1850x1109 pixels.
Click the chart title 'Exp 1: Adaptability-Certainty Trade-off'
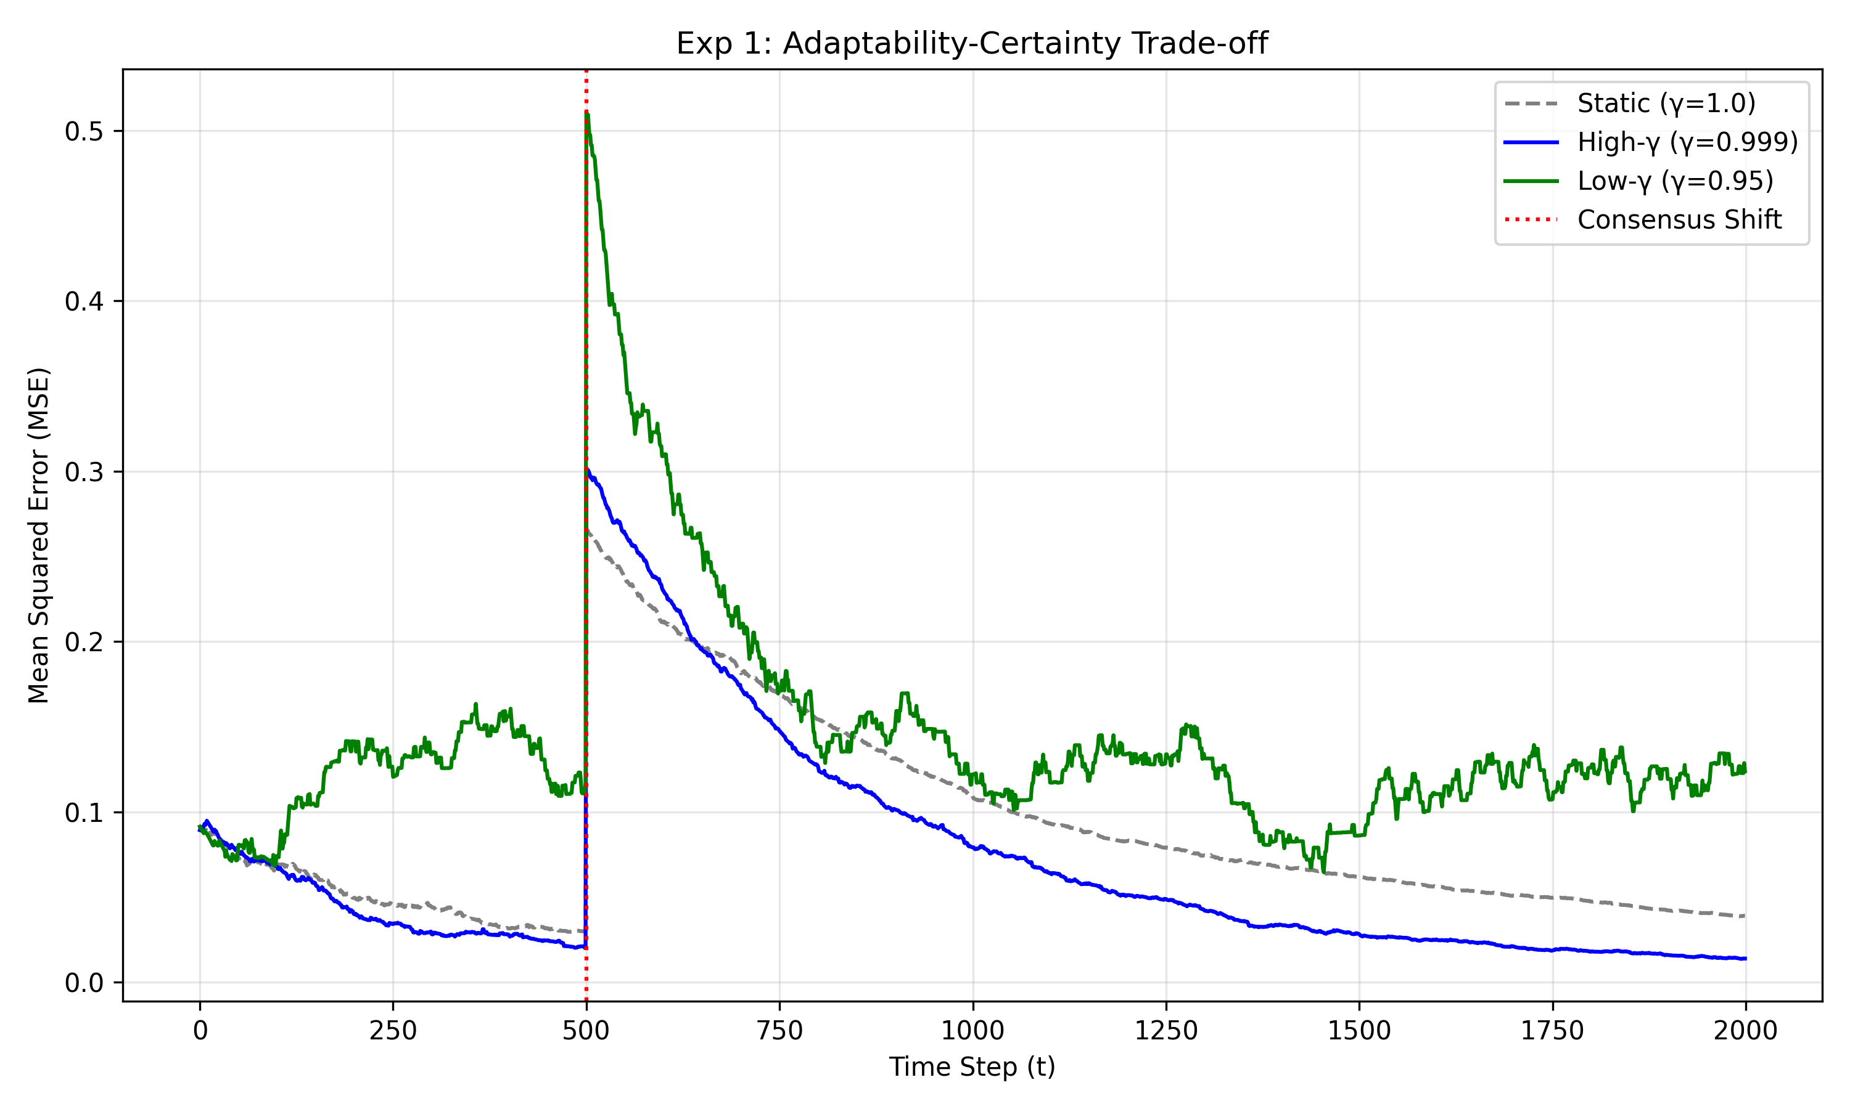click(x=971, y=43)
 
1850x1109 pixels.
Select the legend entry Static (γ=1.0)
click(x=1666, y=103)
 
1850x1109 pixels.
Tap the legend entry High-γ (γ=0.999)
click(x=1687, y=142)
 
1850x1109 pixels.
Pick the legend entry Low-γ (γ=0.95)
click(x=1675, y=181)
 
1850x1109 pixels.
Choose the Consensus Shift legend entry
click(x=1680, y=220)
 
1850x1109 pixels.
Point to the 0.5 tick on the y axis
click(x=83, y=131)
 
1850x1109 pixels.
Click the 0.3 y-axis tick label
click(x=83, y=473)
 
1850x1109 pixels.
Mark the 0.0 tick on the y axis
click(x=83, y=983)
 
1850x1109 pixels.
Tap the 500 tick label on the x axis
click(x=585, y=1031)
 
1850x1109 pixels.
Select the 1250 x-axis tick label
click(x=1165, y=1031)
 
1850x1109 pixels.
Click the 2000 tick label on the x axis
click(x=1745, y=1031)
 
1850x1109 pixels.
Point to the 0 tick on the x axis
click(x=200, y=1031)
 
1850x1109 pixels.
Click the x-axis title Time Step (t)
click(x=971, y=1066)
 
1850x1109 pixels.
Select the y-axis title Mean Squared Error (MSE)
click(x=38, y=535)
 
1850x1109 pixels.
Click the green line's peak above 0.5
click(x=587, y=113)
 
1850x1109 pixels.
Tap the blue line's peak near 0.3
click(x=587, y=469)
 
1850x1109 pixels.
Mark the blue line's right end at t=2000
click(x=1745, y=958)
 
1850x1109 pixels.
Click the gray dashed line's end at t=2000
click(x=1745, y=916)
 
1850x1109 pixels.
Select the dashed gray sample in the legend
click(x=1531, y=103)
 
